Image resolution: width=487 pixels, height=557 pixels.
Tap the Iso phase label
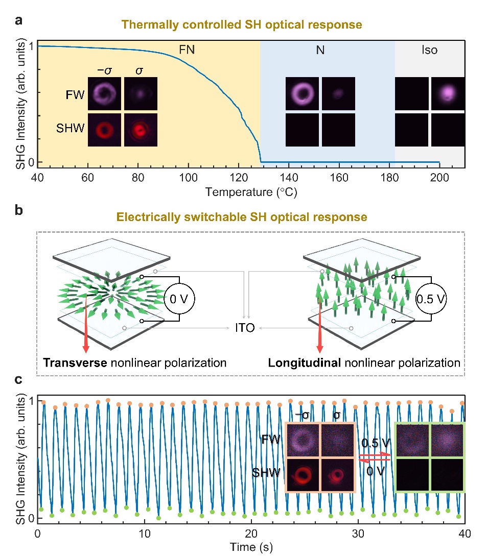tap(430, 50)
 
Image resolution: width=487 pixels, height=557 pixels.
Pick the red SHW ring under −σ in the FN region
tap(104, 130)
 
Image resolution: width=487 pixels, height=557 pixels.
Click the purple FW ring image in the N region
tap(302, 93)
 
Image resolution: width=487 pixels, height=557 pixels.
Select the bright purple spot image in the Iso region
tap(448, 93)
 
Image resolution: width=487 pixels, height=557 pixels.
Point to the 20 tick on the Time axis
tap(251, 533)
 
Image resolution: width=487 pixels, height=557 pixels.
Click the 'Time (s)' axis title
tap(251, 547)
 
